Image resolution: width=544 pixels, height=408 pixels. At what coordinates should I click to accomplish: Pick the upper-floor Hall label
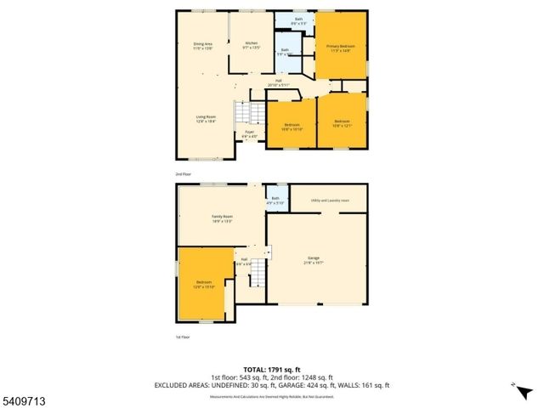[278, 82]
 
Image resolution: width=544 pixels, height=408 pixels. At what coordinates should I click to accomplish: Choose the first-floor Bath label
[275, 199]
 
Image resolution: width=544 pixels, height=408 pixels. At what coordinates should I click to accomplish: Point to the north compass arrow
[514, 386]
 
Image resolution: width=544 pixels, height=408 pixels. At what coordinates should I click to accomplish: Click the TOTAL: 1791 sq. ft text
[271, 369]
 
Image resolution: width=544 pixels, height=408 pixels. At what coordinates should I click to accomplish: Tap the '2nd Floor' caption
[184, 173]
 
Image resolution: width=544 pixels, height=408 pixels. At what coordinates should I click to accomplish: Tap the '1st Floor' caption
[183, 337]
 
